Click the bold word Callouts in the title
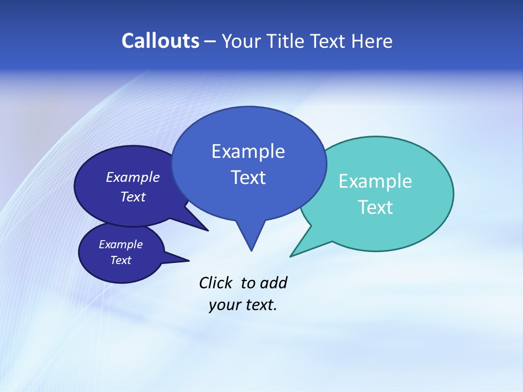click(160, 41)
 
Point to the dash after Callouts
click(210, 41)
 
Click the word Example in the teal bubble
click(375, 181)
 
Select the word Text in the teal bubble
click(375, 207)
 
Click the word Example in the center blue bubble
click(248, 151)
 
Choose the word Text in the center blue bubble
click(248, 177)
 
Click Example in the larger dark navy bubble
click(132, 177)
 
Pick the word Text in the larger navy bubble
click(132, 197)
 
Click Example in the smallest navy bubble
click(120, 244)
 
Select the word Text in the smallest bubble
click(120, 260)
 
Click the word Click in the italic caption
click(216, 283)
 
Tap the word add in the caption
click(273, 283)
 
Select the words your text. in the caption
click(243, 305)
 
